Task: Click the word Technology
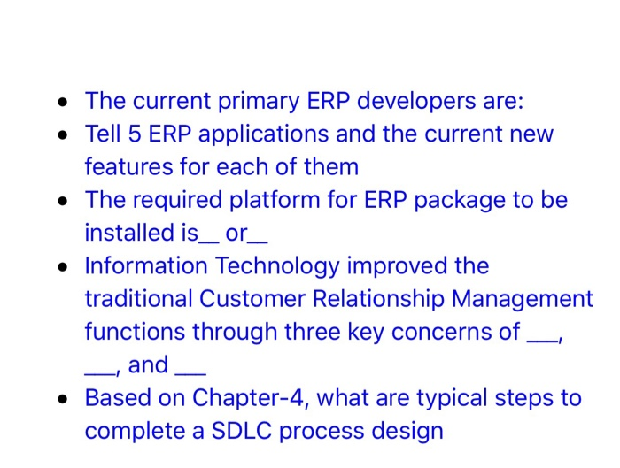265,266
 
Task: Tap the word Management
523,300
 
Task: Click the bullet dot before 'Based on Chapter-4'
61,399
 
